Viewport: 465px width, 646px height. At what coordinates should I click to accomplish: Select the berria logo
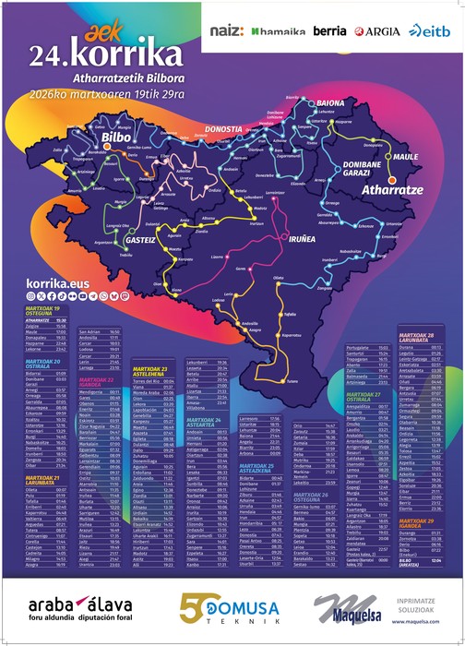pyautogui.click(x=329, y=31)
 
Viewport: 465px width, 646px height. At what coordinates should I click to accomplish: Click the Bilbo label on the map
pyautogui.click(x=117, y=138)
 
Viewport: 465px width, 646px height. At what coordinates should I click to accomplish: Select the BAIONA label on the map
pyautogui.click(x=329, y=102)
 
